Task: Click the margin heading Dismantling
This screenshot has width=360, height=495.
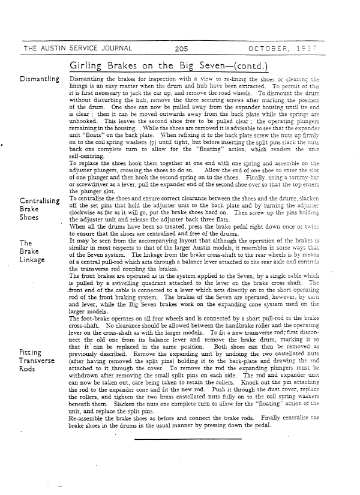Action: pyautogui.click(x=40, y=79)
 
